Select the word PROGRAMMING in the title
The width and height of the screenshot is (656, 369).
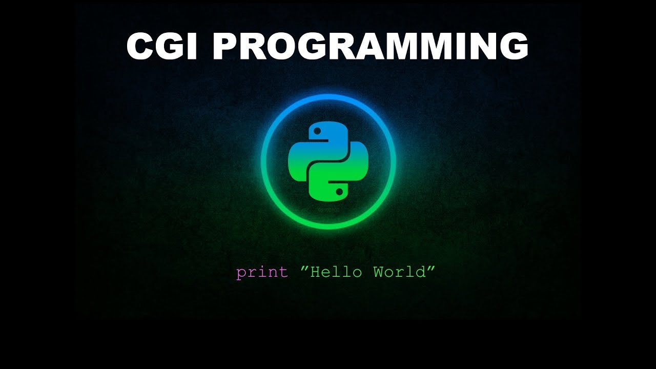pyautogui.click(x=370, y=47)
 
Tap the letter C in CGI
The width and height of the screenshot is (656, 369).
pyautogui.click(x=141, y=47)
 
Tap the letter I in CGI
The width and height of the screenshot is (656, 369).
pyautogui.click(x=193, y=47)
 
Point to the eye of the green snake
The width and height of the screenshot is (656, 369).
pyautogui.click(x=339, y=192)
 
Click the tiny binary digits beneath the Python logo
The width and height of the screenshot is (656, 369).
pyautogui.click(x=329, y=210)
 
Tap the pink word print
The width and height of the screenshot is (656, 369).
pyautogui.click(x=262, y=272)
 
